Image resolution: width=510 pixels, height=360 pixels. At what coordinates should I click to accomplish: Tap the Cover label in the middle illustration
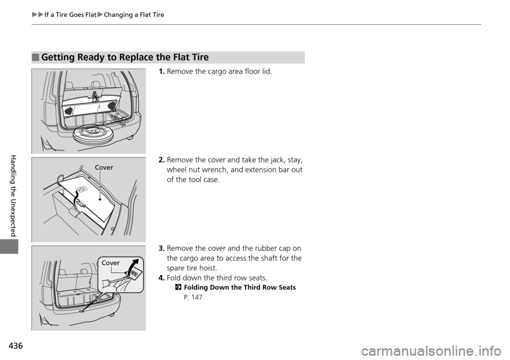[104, 168]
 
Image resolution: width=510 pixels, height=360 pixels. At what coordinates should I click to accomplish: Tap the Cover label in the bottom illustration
[110, 263]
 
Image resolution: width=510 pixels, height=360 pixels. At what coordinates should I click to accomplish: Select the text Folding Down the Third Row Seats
[239, 287]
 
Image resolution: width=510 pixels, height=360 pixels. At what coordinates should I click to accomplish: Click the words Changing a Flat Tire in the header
[134, 15]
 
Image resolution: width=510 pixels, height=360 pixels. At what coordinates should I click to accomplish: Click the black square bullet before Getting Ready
[35, 57]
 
